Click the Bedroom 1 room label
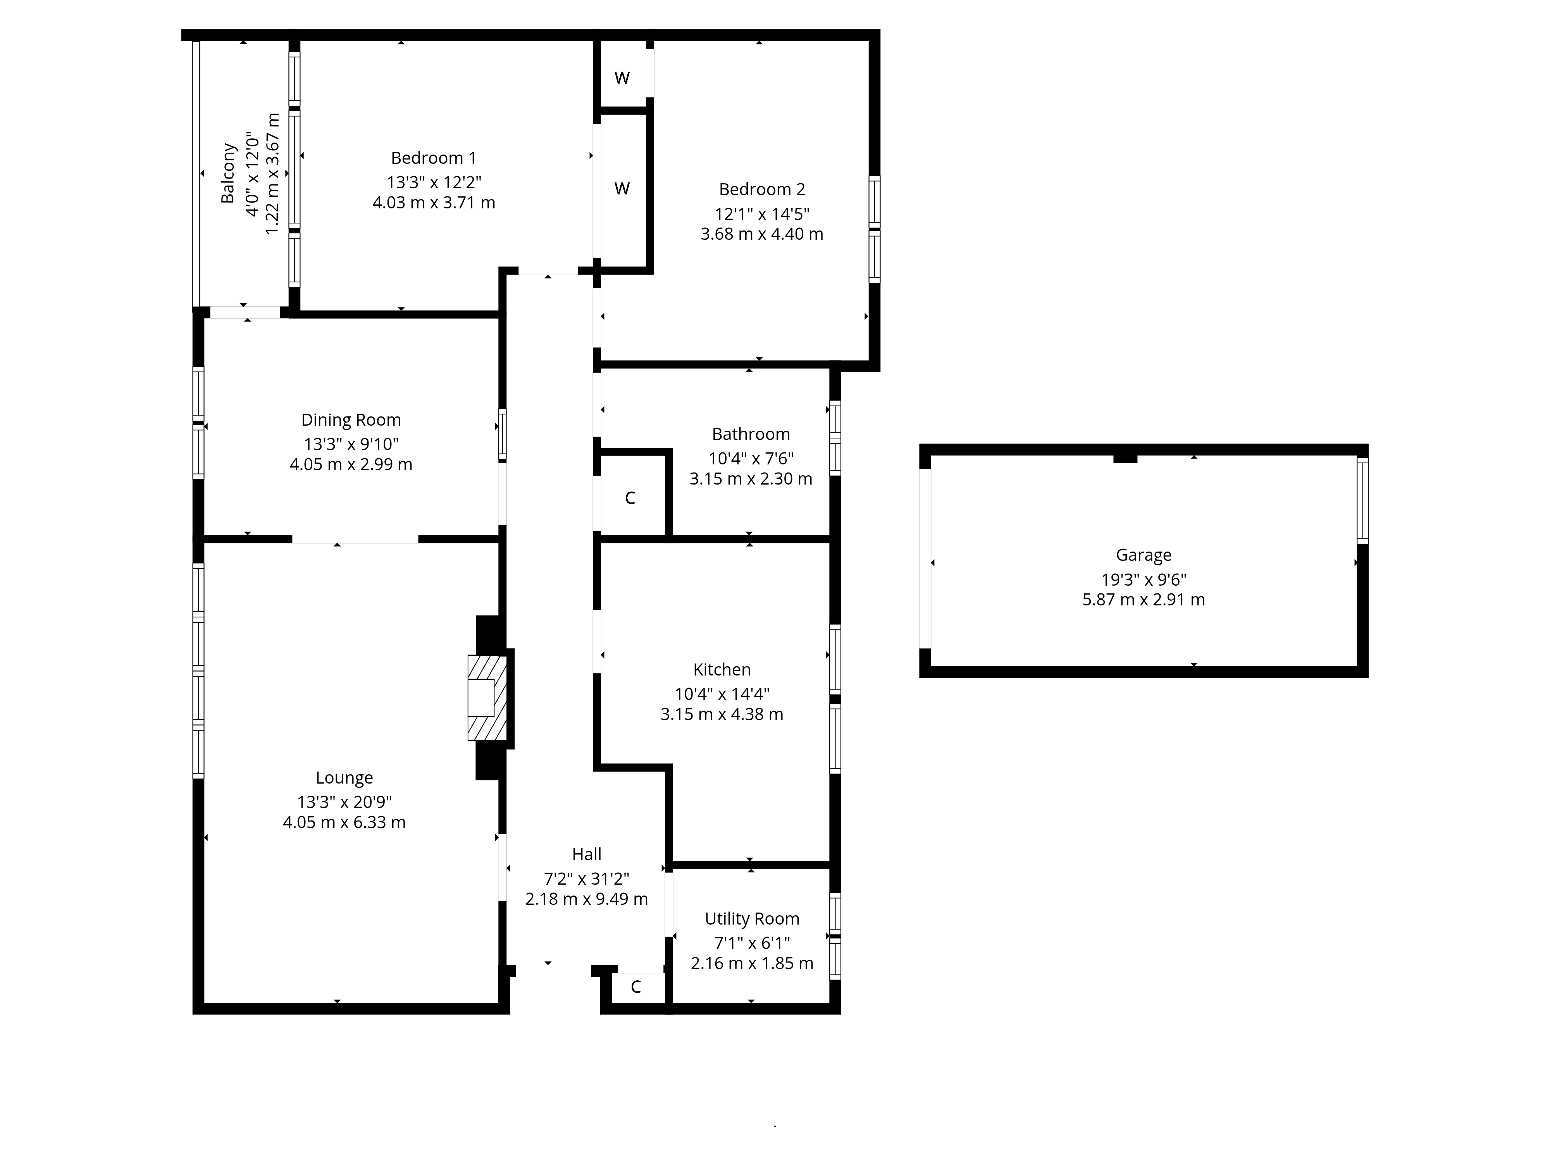[433, 158]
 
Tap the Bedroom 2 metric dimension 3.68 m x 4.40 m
[762, 234]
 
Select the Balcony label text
[228, 173]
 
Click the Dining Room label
[351, 420]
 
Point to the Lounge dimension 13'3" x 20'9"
[344, 802]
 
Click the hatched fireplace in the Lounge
[487, 698]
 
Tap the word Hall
[587, 854]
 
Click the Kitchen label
[722, 670]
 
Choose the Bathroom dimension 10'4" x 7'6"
[751, 459]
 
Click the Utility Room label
[752, 919]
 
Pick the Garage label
[1144, 555]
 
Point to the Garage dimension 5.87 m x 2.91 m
[1144, 600]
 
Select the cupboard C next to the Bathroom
[630, 498]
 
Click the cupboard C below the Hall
[635, 987]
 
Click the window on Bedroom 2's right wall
[875, 229]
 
